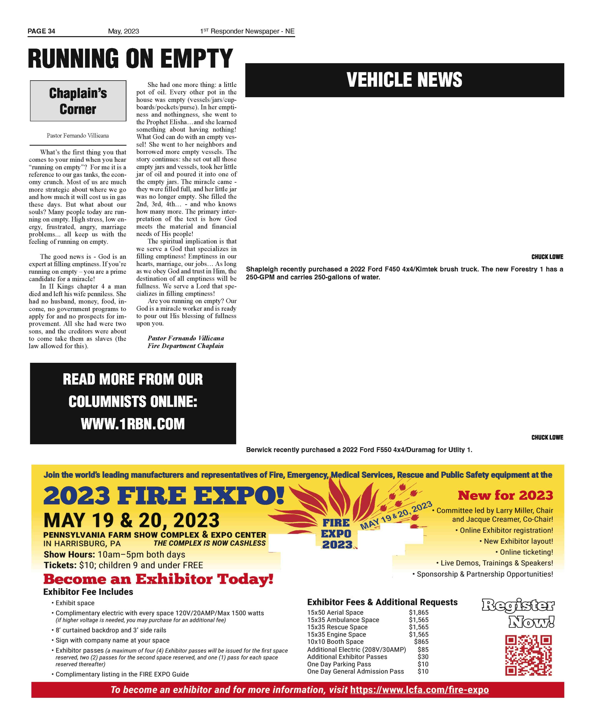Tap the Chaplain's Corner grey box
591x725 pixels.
78,101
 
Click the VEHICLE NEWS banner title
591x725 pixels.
404,80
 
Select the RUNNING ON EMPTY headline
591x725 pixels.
130,58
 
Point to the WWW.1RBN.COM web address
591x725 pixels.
133,424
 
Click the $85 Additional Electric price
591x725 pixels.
423,649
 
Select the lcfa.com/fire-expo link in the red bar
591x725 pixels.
419,690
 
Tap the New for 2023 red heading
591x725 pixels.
505,495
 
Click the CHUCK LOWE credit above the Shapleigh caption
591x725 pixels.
547,257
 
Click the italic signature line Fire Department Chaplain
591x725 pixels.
186,346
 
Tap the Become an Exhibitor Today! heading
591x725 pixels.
158,579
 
